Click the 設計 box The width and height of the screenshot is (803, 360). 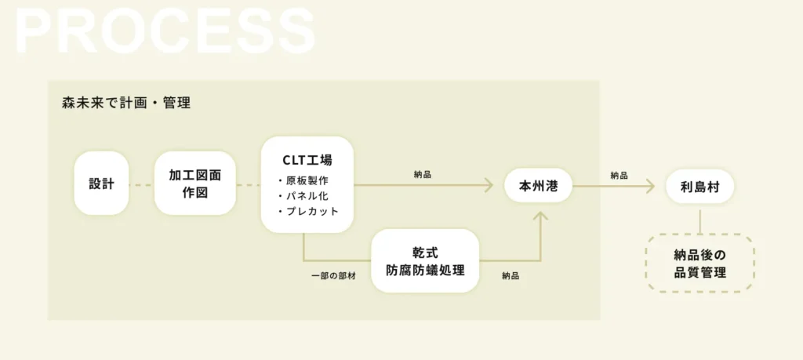(x=101, y=183)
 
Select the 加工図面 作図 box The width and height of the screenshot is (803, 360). (x=195, y=183)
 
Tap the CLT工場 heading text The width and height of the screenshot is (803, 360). (x=307, y=160)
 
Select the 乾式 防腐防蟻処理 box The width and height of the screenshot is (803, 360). (x=425, y=261)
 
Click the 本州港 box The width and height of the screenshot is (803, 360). (x=538, y=185)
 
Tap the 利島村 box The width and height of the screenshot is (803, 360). (x=699, y=187)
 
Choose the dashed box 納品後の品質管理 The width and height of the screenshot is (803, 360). (x=699, y=264)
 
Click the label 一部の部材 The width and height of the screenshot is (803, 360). (x=333, y=275)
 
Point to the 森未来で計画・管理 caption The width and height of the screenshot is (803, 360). (x=126, y=103)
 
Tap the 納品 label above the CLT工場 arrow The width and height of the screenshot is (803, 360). (x=423, y=175)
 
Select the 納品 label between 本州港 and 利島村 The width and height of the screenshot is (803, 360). (x=620, y=175)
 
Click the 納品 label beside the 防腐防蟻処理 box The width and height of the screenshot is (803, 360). (x=511, y=275)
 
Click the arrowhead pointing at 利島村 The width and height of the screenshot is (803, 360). (x=650, y=186)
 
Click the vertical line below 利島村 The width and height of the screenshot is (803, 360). (x=699, y=219)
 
